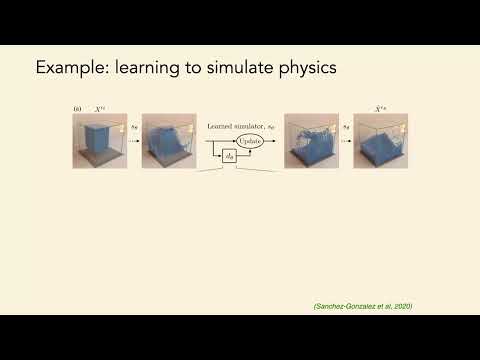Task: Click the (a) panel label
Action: tap(77, 108)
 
